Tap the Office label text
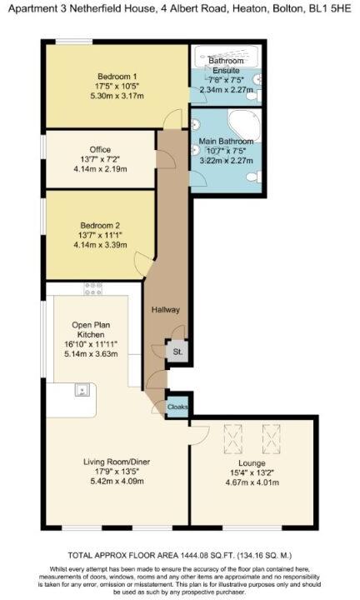pos(100,149)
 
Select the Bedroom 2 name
pos(100,225)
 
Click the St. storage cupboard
pos(177,352)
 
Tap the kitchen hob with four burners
pos(90,289)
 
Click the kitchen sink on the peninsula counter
pos(83,389)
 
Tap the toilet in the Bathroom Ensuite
pos(258,82)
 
